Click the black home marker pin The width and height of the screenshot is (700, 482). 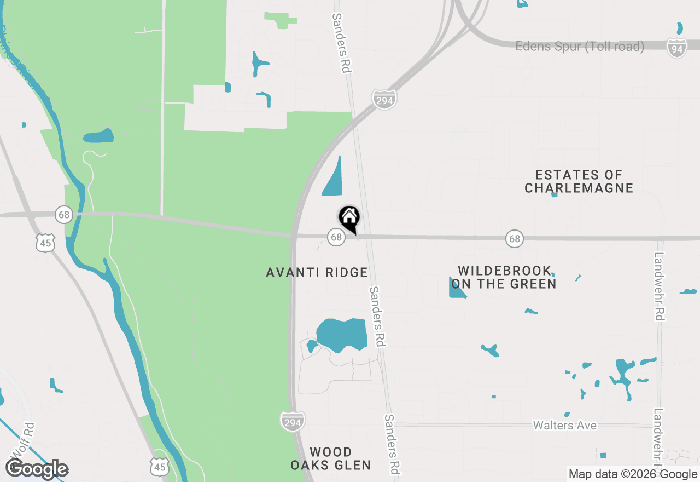coord(349,219)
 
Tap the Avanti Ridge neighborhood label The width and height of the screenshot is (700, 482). coord(317,272)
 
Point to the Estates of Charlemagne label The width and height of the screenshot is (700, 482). coord(579,181)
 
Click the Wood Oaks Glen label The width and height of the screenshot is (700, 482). coord(331,458)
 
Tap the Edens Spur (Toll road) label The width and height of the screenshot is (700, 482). coord(580,47)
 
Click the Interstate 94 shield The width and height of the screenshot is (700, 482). coord(677,48)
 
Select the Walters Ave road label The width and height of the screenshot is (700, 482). coord(564,426)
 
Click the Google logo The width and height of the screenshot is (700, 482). coord(37,469)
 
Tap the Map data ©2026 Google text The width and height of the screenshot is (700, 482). coord(633,474)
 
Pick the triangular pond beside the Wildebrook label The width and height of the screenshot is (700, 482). coord(456,289)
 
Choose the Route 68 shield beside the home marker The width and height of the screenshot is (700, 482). coord(336,237)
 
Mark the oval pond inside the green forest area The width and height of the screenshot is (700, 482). coord(98,136)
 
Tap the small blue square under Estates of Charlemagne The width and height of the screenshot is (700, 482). coord(555,194)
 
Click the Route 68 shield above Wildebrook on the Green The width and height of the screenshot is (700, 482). coord(514,238)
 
